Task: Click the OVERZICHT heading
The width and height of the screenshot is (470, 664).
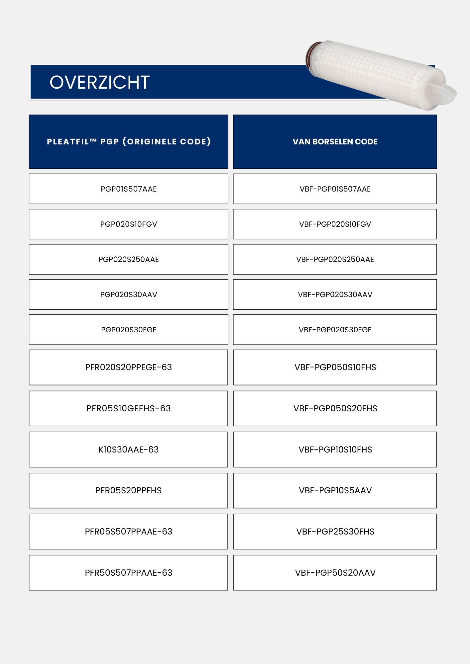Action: tap(99, 82)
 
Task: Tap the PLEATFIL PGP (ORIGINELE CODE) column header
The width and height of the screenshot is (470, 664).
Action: tap(129, 142)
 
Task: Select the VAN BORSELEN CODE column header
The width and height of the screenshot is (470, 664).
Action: tap(335, 142)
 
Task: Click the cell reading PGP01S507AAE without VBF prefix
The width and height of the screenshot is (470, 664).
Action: tap(129, 189)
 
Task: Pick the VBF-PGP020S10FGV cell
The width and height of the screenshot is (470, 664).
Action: tap(335, 224)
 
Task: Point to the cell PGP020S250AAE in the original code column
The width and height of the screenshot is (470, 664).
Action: tap(129, 259)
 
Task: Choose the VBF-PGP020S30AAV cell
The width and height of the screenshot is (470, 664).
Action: tap(335, 294)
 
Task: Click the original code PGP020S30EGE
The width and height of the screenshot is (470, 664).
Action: tap(129, 330)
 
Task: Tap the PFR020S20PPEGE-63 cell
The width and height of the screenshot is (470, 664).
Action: tap(129, 367)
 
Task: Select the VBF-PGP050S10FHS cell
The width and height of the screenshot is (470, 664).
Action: tap(335, 367)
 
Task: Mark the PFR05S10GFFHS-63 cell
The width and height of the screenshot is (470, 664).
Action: tap(129, 408)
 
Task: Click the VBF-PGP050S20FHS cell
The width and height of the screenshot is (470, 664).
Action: tap(335, 408)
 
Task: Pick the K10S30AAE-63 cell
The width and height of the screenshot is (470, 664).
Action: tap(129, 450)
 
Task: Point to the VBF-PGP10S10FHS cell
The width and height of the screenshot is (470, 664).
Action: tap(335, 450)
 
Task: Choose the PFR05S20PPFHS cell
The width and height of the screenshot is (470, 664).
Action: tap(129, 490)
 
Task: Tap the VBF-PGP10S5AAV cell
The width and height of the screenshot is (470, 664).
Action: tap(335, 490)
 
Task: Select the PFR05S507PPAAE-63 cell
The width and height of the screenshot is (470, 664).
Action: tap(129, 532)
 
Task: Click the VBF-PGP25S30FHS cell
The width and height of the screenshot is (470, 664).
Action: tap(335, 532)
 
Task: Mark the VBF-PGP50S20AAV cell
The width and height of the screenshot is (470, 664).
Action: tap(335, 573)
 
